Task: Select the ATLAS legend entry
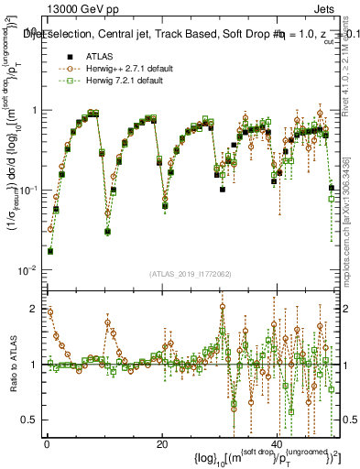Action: click(x=98, y=56)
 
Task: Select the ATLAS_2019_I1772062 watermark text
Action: click(x=191, y=274)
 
